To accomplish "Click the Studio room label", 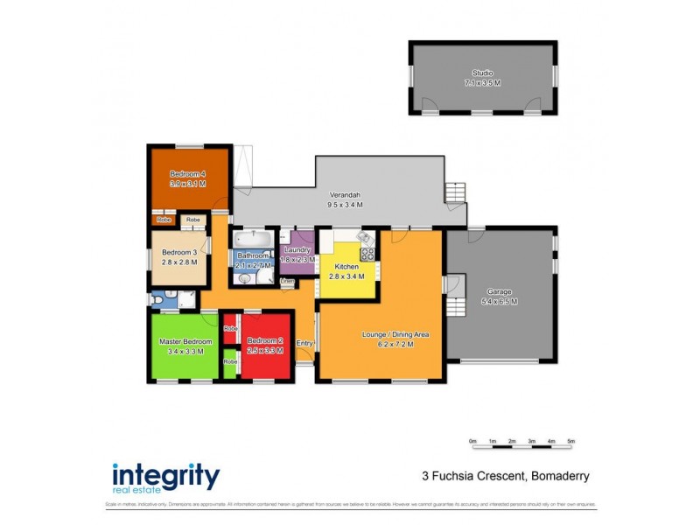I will (x=482, y=73).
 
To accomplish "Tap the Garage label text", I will (x=500, y=291).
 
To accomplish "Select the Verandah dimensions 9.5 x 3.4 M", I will (x=345, y=205).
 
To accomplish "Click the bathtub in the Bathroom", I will (x=254, y=237).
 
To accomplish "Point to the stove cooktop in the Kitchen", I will (x=368, y=255).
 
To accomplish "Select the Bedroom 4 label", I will (x=187, y=173).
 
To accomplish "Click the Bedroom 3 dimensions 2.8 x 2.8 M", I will (x=179, y=262).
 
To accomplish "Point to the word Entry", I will (x=304, y=343).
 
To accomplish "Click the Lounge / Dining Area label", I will (x=396, y=334).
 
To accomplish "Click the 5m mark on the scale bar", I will (x=571, y=441).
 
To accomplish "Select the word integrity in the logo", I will (x=165, y=476).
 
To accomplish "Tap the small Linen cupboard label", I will (x=286, y=282).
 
